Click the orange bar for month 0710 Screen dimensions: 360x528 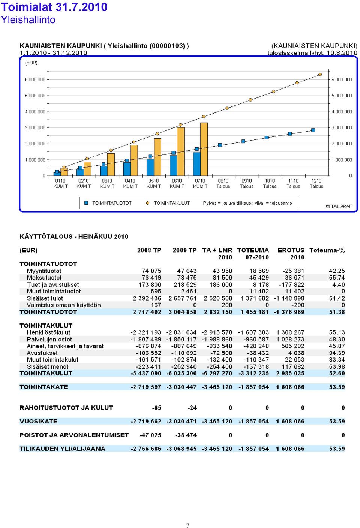[204, 149]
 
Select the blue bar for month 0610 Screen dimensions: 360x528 [173, 166]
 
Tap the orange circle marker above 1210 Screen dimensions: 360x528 [320, 75]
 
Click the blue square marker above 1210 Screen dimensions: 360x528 [313, 130]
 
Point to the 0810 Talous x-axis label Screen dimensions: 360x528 [223, 184]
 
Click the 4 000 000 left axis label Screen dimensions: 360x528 [35, 112]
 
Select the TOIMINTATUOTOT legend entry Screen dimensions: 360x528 [108, 203]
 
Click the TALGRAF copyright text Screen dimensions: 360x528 [339, 206]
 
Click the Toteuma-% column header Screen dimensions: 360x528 [327, 250]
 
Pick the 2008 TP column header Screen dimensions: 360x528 [149, 250]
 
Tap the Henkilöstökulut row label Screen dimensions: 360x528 [48, 332]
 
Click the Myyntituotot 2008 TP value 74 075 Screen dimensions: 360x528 [151, 271]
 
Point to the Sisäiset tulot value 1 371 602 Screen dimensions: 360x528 [255, 298]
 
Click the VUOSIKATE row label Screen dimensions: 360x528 [39, 421]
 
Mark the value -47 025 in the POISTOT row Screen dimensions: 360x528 [150, 435]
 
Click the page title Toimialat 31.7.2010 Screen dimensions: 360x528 [54, 7]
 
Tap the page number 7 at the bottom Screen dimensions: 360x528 [187, 525]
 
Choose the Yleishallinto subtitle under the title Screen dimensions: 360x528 [28, 19]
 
